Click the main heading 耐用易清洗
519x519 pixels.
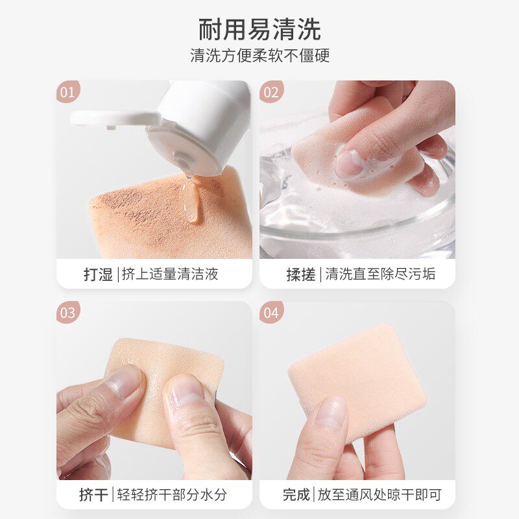[x=259, y=29]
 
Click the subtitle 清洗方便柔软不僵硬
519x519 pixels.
[x=260, y=55]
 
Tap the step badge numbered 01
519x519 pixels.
[x=68, y=91]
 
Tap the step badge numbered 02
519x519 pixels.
[x=271, y=91]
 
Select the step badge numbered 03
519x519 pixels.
[x=68, y=313]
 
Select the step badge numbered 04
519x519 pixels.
[x=271, y=313]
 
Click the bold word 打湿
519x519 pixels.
[x=98, y=274]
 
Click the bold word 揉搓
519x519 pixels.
[x=301, y=274]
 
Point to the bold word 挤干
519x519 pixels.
[x=93, y=495]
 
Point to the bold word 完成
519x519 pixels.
[x=296, y=495]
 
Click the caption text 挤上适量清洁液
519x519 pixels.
[x=170, y=274]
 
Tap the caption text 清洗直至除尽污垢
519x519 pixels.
[x=380, y=274]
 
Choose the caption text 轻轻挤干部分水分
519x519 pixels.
[x=172, y=494]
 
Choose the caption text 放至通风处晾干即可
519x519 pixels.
[x=380, y=494]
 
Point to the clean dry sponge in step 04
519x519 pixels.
[x=357, y=381]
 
